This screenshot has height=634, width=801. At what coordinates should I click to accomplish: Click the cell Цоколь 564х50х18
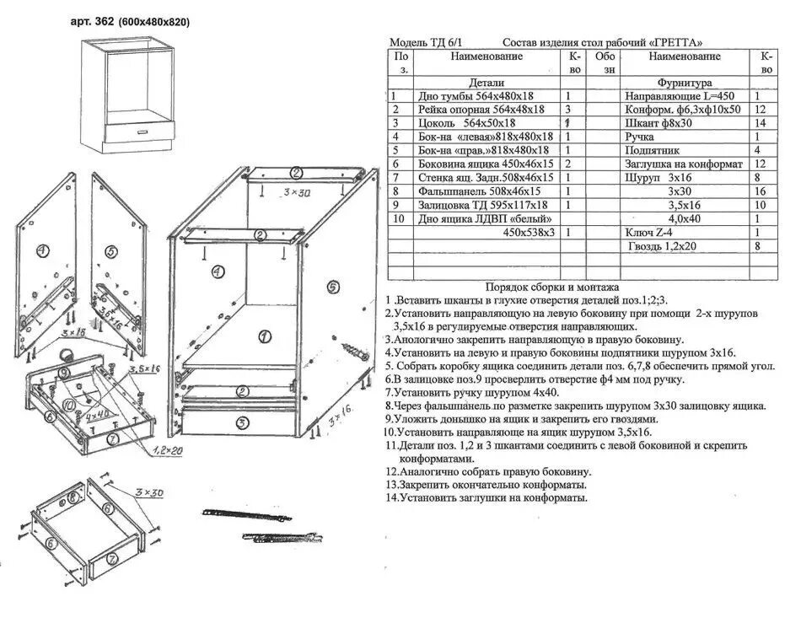[466, 123]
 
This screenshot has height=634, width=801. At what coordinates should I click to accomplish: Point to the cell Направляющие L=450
[680, 96]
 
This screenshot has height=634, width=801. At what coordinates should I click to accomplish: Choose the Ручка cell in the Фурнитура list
[640, 137]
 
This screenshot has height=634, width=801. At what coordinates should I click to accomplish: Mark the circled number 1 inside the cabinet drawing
[265, 336]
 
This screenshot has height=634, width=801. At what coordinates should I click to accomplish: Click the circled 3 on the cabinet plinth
[241, 422]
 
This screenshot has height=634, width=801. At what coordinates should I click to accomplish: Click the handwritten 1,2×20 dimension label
[169, 451]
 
